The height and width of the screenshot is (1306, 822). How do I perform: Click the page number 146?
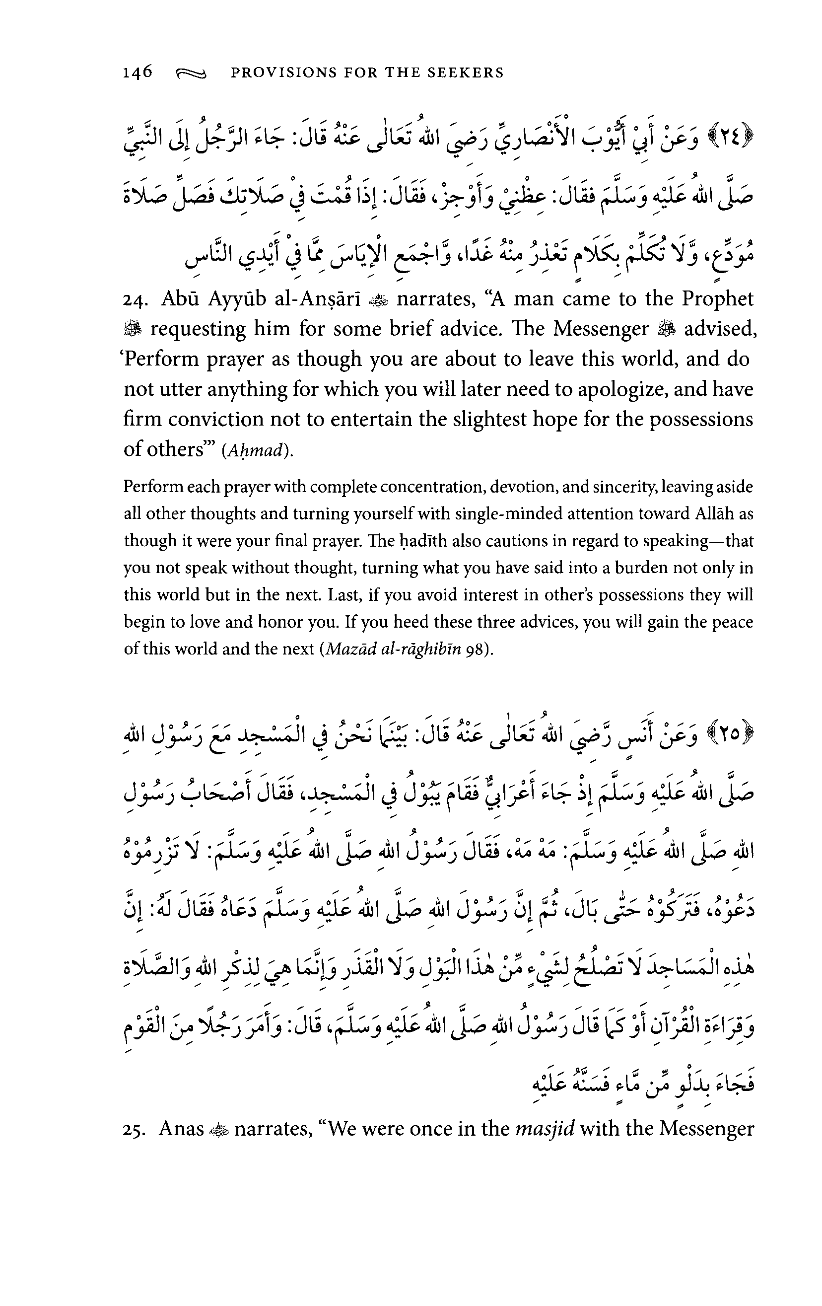[137, 72]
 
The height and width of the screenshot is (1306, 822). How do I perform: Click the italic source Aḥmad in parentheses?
[254, 450]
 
